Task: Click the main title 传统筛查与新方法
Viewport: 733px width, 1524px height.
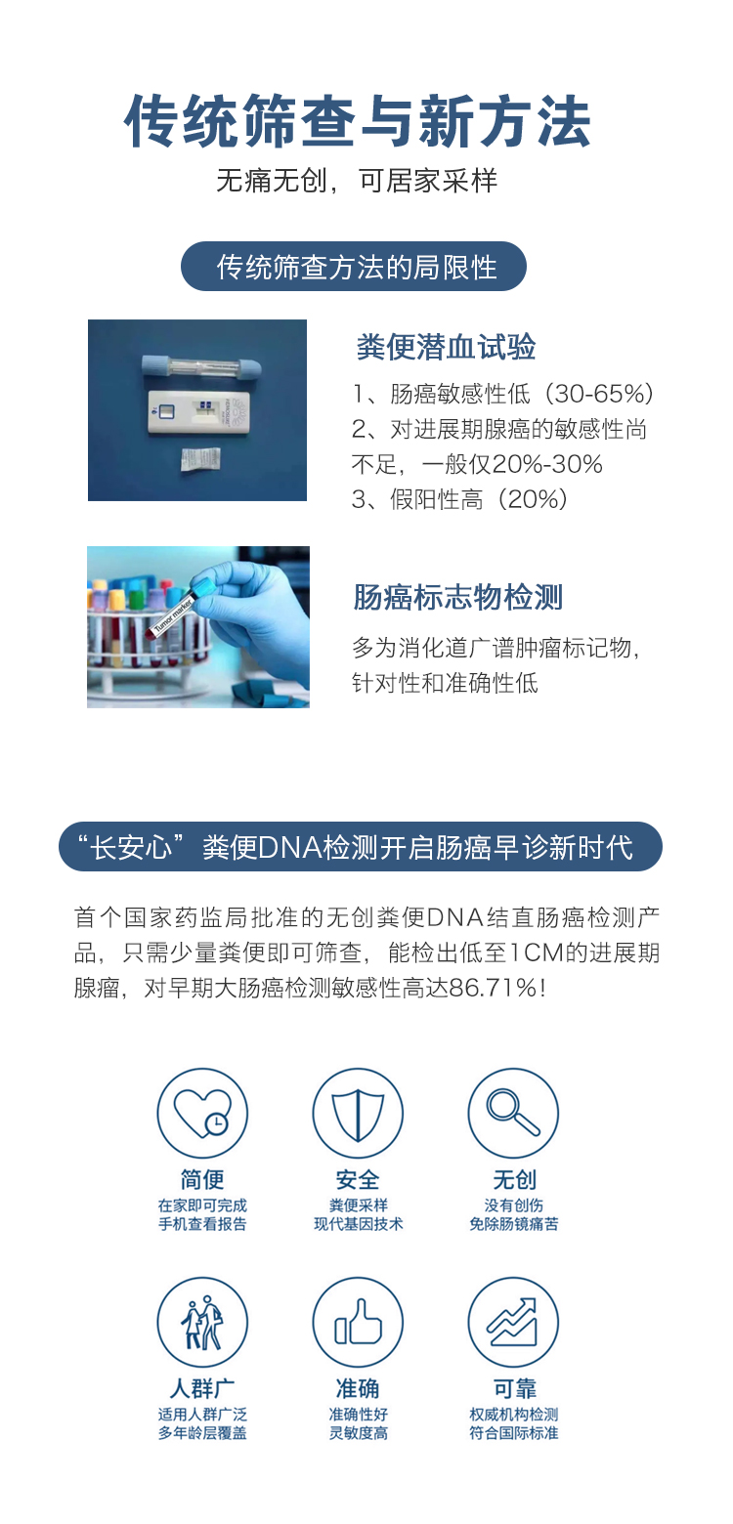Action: [358, 120]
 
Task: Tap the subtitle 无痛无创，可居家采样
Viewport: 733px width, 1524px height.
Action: [358, 181]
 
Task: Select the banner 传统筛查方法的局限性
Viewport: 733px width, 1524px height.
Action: [353, 266]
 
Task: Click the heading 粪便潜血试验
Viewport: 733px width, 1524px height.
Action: [446, 347]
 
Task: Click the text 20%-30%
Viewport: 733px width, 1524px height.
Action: [547, 464]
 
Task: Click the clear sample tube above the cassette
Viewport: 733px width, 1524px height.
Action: [201, 366]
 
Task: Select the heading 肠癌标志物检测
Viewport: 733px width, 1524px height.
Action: [457, 597]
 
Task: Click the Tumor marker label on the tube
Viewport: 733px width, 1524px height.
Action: [172, 616]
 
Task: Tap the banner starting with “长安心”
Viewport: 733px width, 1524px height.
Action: [360, 846]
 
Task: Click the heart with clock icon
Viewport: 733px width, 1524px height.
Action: [202, 1113]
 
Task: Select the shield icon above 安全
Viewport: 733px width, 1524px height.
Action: [358, 1113]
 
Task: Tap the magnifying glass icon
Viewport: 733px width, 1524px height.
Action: [513, 1113]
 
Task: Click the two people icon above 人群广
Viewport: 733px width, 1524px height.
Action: [202, 1322]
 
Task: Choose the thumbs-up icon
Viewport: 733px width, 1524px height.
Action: [358, 1322]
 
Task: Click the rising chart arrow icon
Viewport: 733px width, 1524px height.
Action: [513, 1322]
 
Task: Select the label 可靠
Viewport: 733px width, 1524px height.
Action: [514, 1388]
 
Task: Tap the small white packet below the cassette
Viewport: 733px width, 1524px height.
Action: [201, 459]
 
